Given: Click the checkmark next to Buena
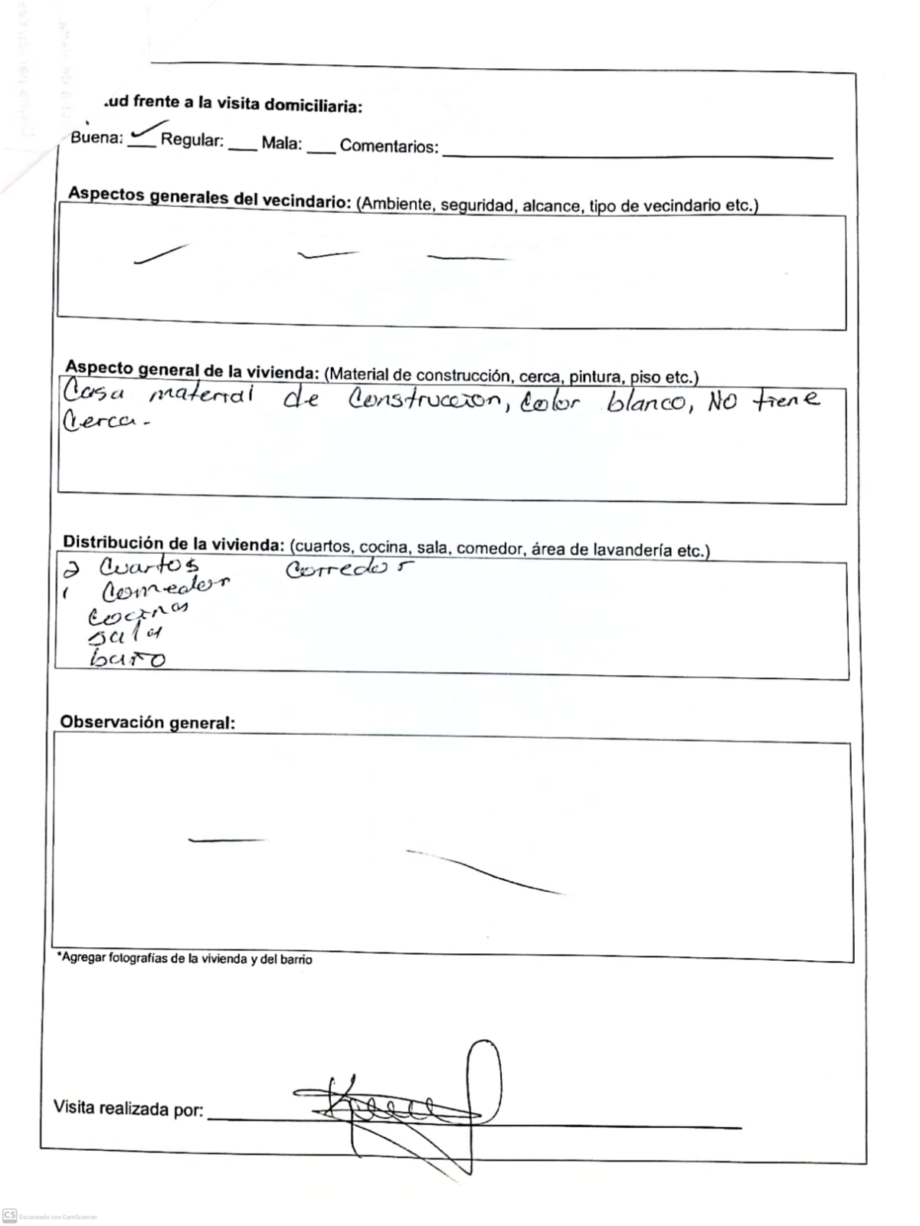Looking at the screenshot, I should click(x=147, y=133).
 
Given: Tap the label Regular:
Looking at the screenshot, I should click(x=192, y=141).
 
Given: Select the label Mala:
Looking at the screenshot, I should click(x=281, y=143).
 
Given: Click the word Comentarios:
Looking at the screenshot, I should click(x=389, y=146).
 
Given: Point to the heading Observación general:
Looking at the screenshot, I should click(x=147, y=723).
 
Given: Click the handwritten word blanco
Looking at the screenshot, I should click(x=645, y=402).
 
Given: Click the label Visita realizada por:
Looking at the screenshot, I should click(x=128, y=1108).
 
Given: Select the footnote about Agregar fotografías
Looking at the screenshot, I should click(x=185, y=959).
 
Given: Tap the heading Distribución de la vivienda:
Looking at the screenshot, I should click(x=173, y=543).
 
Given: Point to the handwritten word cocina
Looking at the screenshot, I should click(x=138, y=613).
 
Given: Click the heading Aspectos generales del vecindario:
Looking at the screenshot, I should click(x=209, y=197).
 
